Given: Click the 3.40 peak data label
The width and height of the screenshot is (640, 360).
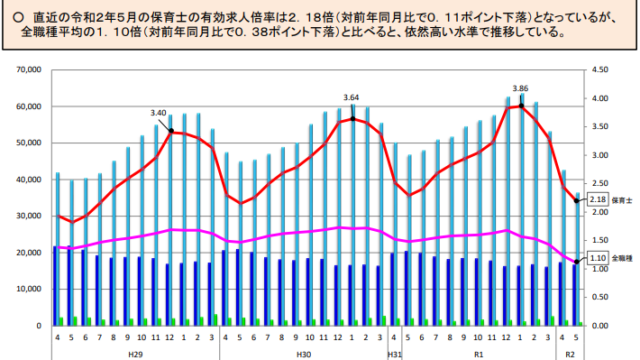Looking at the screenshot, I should (x=157, y=113).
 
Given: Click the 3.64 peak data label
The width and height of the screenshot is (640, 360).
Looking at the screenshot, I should (x=350, y=98).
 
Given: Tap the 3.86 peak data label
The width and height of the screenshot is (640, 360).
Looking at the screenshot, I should (x=520, y=88).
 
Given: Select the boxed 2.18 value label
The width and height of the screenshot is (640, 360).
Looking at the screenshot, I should (x=599, y=200).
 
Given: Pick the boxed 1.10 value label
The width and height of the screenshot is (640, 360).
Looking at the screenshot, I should (x=599, y=259).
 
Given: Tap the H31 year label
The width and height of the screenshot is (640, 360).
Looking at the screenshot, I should (x=394, y=353).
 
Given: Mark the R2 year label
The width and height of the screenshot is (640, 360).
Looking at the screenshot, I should (x=571, y=353).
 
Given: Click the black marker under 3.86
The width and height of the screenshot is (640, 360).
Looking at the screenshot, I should (x=520, y=105).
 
